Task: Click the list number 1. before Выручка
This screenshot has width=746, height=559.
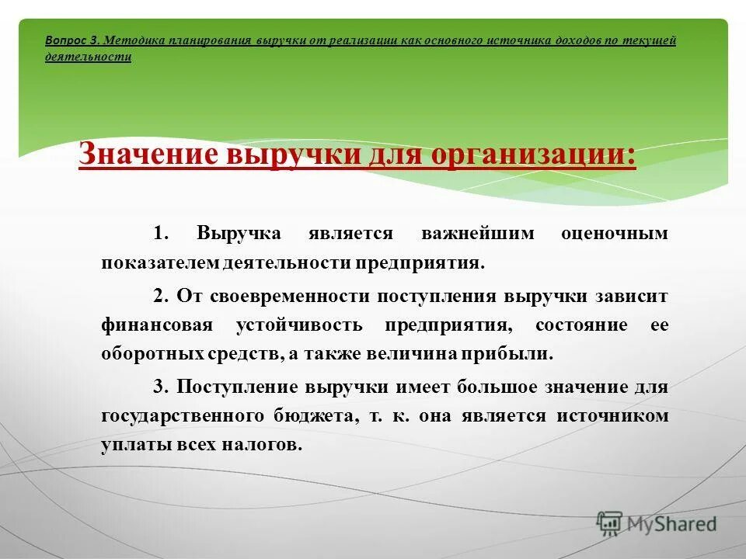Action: click(160, 234)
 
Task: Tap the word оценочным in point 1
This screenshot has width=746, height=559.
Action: click(614, 234)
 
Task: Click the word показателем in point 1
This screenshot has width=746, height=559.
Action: click(160, 263)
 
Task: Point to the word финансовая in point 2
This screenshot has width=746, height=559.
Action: click(155, 325)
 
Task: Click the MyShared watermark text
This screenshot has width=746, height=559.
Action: click(673, 524)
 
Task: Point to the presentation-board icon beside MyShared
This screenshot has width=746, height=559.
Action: click(610, 524)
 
